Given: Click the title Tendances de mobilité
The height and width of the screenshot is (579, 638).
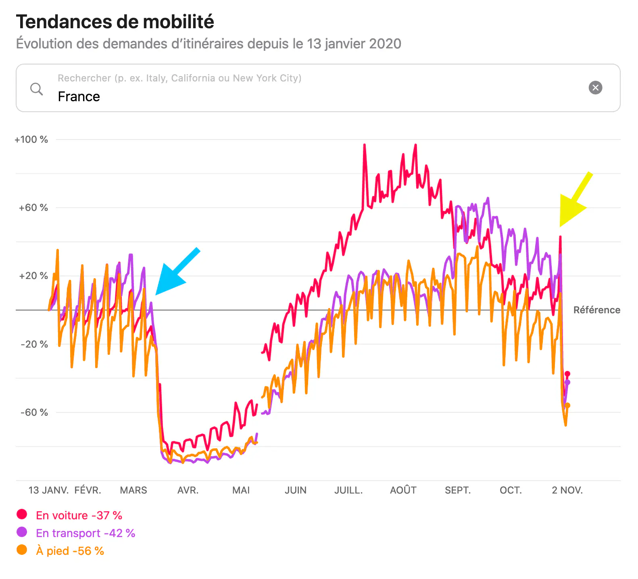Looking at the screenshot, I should [115, 22].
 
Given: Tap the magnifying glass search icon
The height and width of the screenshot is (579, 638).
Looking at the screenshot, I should [36, 89].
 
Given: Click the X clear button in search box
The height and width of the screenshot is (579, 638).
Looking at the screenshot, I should [595, 87].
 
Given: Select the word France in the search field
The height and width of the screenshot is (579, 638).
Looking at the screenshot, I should [79, 97].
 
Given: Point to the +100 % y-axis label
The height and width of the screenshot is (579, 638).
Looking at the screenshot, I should [31, 140].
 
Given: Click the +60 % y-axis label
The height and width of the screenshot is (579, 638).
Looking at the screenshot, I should [33, 208].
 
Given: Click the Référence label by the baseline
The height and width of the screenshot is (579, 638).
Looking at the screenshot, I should [596, 310].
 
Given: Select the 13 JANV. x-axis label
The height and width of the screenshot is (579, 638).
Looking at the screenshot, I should [48, 490].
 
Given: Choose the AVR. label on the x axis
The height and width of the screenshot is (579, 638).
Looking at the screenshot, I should [188, 490].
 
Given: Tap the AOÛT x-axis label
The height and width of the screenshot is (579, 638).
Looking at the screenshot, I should [403, 490].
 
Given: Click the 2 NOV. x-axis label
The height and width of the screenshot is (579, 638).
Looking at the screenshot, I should [567, 490].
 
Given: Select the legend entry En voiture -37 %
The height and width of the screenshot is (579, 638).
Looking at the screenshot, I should [79, 515].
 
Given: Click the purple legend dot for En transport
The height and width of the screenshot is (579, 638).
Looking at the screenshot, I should [22, 532].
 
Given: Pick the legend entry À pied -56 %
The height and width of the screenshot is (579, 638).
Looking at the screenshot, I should [70, 551].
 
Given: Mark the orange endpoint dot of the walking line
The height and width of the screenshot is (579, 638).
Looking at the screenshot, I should [567, 405].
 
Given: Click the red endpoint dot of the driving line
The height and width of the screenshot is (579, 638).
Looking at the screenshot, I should [567, 374].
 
